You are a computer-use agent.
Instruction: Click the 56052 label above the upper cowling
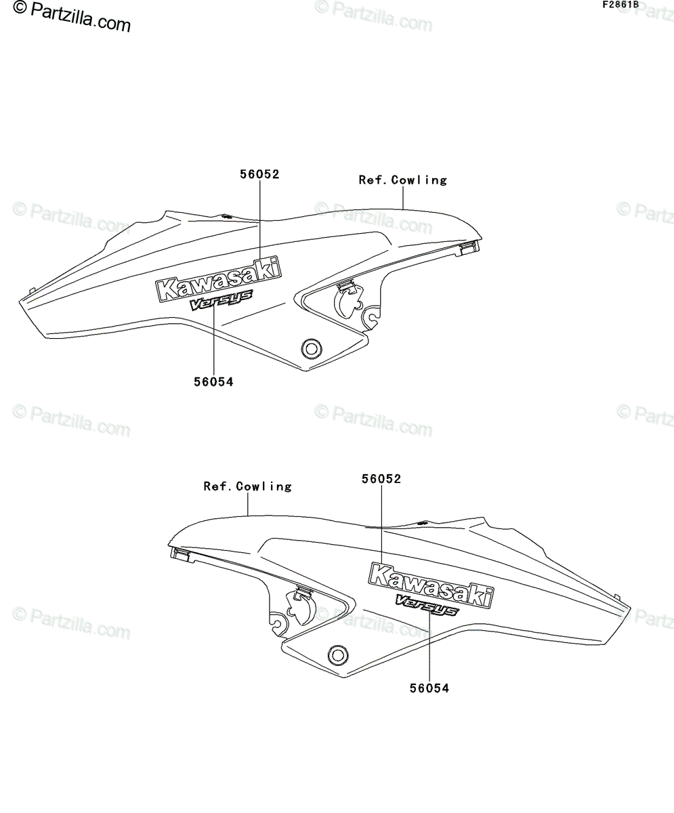259,174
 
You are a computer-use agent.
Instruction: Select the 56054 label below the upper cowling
214,382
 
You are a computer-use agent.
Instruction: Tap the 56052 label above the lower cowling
381,479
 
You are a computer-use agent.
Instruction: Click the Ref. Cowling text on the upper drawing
403,180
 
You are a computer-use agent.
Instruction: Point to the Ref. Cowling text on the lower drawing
248,486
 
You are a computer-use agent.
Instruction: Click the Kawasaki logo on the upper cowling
218,278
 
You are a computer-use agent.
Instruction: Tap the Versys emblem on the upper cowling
220,300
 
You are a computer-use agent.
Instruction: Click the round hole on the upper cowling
312,348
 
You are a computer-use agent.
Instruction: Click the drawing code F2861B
620,5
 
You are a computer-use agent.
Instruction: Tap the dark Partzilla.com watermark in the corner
72,16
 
